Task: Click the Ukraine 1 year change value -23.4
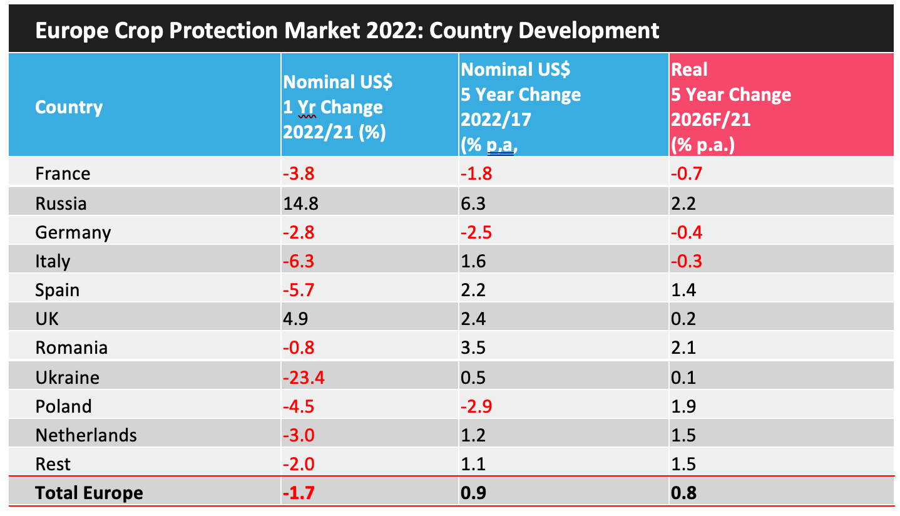click(305, 378)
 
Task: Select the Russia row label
click(61, 204)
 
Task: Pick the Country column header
click(69, 107)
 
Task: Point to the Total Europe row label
click(89, 493)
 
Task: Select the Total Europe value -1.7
click(299, 493)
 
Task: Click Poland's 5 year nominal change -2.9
click(477, 406)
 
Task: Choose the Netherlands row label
click(86, 435)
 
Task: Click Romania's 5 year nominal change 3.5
click(473, 348)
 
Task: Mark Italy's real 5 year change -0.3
click(686, 261)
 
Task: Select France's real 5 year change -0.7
click(686, 173)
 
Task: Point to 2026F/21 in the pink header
click(710, 120)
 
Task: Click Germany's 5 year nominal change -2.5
click(477, 232)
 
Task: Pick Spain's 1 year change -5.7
click(299, 290)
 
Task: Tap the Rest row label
click(53, 464)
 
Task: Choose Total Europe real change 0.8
click(683, 493)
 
